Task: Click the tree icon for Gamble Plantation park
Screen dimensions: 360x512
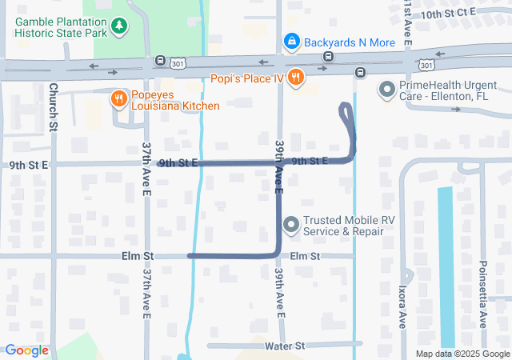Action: click(x=119, y=26)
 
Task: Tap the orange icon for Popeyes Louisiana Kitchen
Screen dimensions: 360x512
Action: click(x=118, y=98)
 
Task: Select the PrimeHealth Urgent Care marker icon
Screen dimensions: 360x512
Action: click(x=386, y=90)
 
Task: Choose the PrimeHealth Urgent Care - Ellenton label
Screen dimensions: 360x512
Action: click(x=443, y=90)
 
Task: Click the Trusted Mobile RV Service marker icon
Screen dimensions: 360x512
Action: click(x=290, y=225)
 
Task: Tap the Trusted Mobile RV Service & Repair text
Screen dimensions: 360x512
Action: click(x=344, y=226)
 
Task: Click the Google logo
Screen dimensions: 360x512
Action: click(x=26, y=350)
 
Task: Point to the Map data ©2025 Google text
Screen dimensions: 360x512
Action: click(x=463, y=354)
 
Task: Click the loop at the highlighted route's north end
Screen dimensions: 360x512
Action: click(x=347, y=113)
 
